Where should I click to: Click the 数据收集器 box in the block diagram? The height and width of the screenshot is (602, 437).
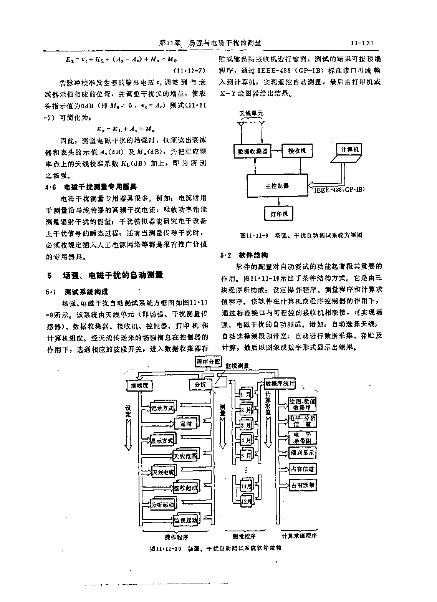(x=251, y=151)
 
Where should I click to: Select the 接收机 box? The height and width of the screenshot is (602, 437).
(x=297, y=151)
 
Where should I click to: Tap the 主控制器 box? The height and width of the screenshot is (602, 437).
(x=277, y=186)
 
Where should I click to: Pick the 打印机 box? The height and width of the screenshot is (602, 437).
(x=278, y=213)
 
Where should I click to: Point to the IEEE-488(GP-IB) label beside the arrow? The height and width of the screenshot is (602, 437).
(x=339, y=189)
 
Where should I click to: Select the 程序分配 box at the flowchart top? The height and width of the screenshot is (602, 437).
(x=208, y=361)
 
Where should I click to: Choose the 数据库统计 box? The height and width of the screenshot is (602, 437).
(x=280, y=383)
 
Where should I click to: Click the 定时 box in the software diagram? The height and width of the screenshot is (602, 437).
(x=185, y=423)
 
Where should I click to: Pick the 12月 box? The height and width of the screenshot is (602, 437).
(x=246, y=501)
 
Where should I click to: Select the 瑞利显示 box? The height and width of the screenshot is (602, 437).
(x=303, y=453)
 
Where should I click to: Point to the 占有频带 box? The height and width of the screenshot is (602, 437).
(x=303, y=485)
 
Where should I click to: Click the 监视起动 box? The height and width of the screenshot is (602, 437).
(x=185, y=520)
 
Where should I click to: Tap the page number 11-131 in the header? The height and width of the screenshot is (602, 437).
(x=362, y=43)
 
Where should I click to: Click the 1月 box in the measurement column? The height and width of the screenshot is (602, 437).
(x=245, y=394)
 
